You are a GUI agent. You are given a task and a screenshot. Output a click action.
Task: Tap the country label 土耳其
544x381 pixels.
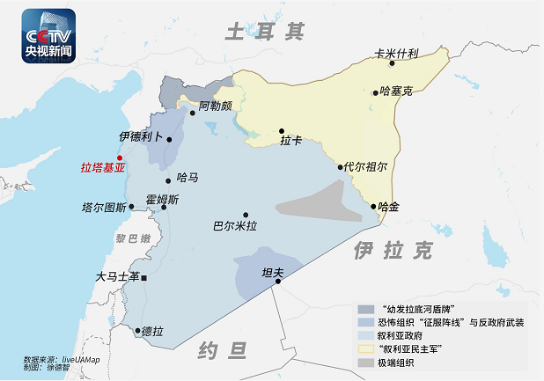(265, 33)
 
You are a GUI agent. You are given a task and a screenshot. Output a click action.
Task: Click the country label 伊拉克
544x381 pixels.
(393, 252)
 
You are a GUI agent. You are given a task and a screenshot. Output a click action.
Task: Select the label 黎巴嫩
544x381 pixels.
(133, 238)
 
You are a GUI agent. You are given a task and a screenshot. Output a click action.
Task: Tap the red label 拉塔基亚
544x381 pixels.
(103, 167)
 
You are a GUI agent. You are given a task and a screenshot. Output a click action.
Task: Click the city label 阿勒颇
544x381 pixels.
(215, 106)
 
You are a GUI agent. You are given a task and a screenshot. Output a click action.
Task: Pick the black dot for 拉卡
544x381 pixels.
(282, 130)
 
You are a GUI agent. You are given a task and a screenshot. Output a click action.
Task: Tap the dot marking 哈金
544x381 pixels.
(373, 208)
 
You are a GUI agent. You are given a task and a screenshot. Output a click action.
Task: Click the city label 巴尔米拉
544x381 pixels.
(235, 226)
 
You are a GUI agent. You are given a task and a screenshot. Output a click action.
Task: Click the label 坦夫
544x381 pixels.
(273, 273)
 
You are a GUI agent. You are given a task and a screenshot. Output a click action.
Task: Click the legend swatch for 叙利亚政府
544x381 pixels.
(366, 335)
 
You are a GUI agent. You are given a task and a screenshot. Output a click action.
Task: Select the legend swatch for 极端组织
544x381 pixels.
(366, 362)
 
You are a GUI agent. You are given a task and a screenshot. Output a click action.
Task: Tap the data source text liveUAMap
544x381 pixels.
(77, 359)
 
